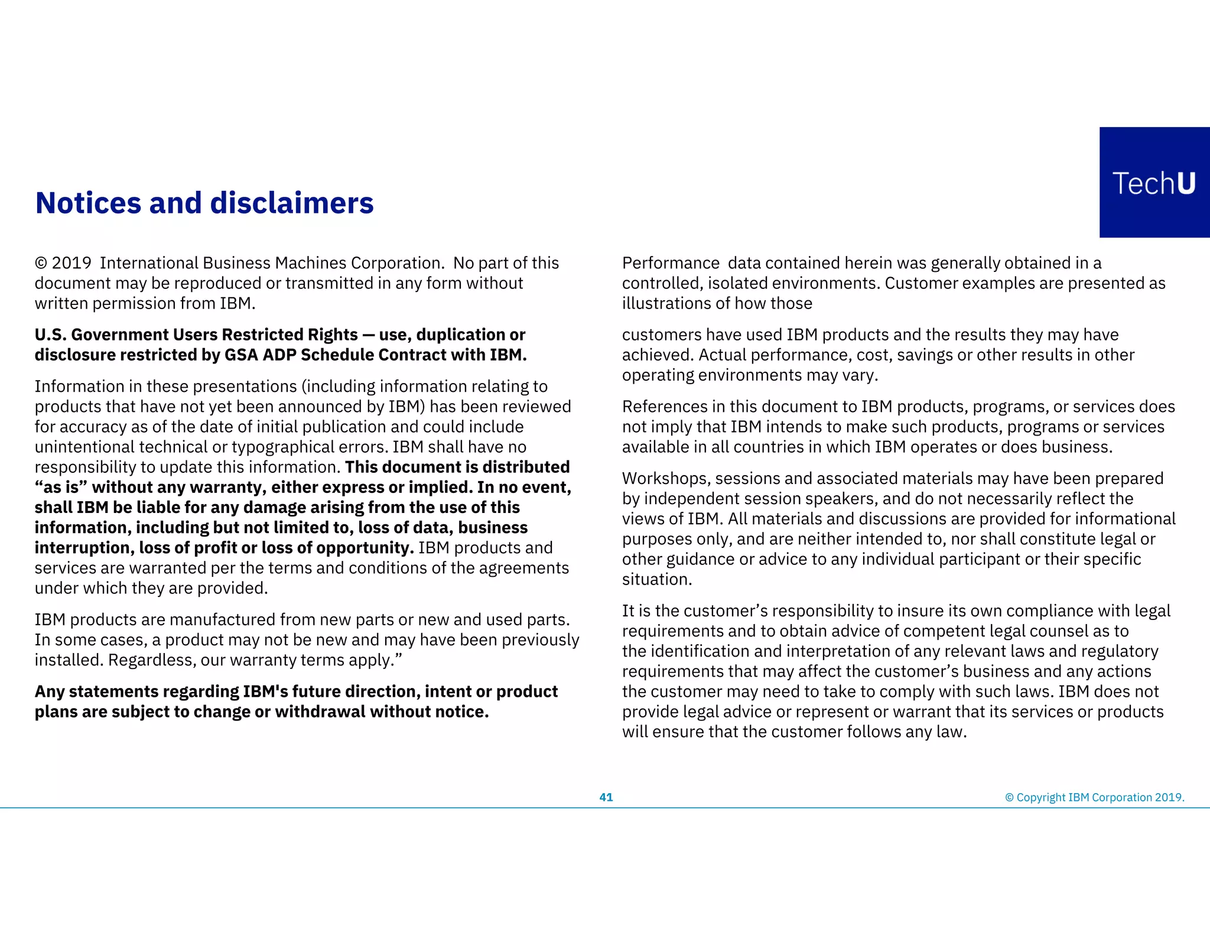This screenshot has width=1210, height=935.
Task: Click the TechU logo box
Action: [x=1154, y=182]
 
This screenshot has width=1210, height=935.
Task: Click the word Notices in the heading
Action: [x=88, y=203]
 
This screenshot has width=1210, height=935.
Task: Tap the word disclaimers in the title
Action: [x=292, y=203]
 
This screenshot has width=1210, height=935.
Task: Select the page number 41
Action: [x=606, y=797]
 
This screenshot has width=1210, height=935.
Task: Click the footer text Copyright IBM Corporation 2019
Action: [x=1100, y=797]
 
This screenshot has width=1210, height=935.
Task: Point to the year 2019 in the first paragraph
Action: [x=71, y=263]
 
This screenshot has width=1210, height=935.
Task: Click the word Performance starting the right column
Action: [x=671, y=263]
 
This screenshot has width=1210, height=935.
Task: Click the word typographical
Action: [x=291, y=447]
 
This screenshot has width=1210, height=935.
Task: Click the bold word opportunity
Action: [x=364, y=548]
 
